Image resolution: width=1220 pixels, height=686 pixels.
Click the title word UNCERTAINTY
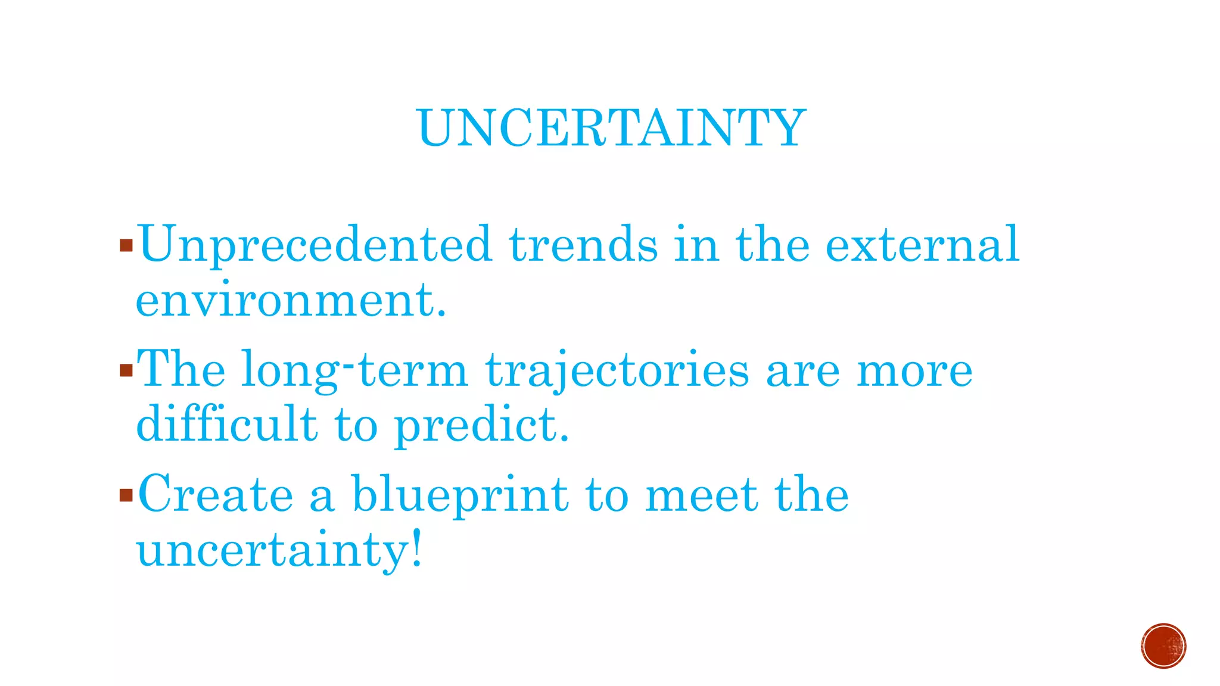coord(612,127)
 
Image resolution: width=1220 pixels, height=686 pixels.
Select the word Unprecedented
coord(315,245)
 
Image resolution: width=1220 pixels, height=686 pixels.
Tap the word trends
coord(583,245)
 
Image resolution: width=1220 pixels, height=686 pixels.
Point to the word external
coord(922,245)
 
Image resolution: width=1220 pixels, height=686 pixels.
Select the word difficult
coord(226,424)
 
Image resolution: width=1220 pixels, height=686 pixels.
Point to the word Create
coord(216,494)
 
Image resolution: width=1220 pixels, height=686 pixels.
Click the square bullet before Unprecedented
coord(126,245)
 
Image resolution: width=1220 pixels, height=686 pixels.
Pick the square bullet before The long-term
coord(126,371)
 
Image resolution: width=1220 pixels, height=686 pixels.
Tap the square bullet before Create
coord(126,495)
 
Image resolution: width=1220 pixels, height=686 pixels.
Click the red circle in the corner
coord(1163,646)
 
